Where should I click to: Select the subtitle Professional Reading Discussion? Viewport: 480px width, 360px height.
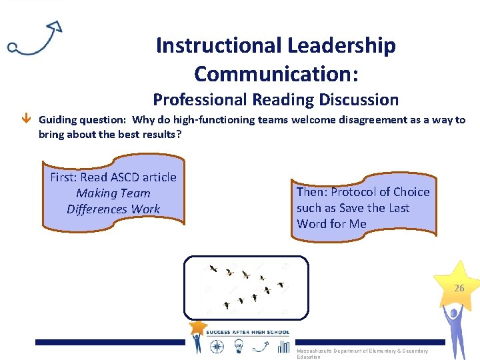275,100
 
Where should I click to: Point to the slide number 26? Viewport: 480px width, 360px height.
459,289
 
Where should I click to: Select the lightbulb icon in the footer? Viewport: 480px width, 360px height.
239,346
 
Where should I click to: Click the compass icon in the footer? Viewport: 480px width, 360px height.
217,346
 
